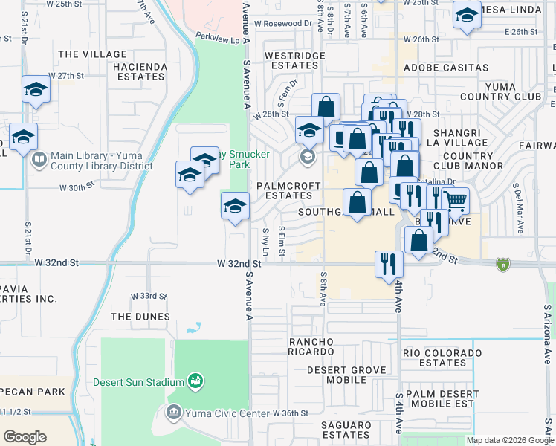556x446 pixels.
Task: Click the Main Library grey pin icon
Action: (x=39, y=158)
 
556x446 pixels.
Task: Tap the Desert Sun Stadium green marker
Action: (x=195, y=382)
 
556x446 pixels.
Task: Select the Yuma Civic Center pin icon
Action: (x=174, y=412)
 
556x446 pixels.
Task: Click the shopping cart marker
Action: (x=455, y=201)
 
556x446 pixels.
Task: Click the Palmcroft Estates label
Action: (x=288, y=190)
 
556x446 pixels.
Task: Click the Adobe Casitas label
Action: (x=446, y=68)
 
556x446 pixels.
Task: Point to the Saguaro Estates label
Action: (x=335, y=429)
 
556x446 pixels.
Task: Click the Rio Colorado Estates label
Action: (x=442, y=358)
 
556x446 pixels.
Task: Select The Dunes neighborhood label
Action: (x=140, y=317)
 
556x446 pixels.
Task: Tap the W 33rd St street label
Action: (x=149, y=296)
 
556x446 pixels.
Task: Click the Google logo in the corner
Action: (x=25, y=437)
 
